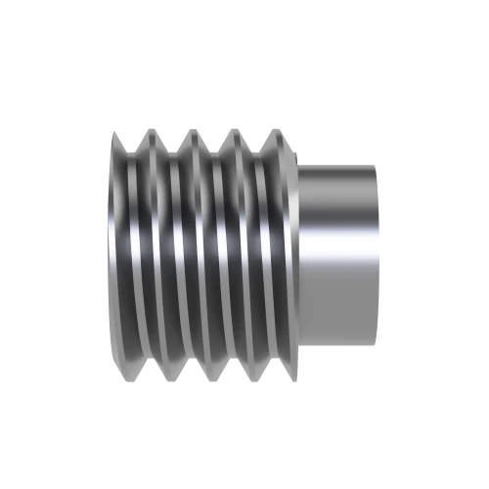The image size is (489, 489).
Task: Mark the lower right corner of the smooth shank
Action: (375, 342)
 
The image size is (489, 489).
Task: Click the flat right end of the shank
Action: (377, 254)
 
